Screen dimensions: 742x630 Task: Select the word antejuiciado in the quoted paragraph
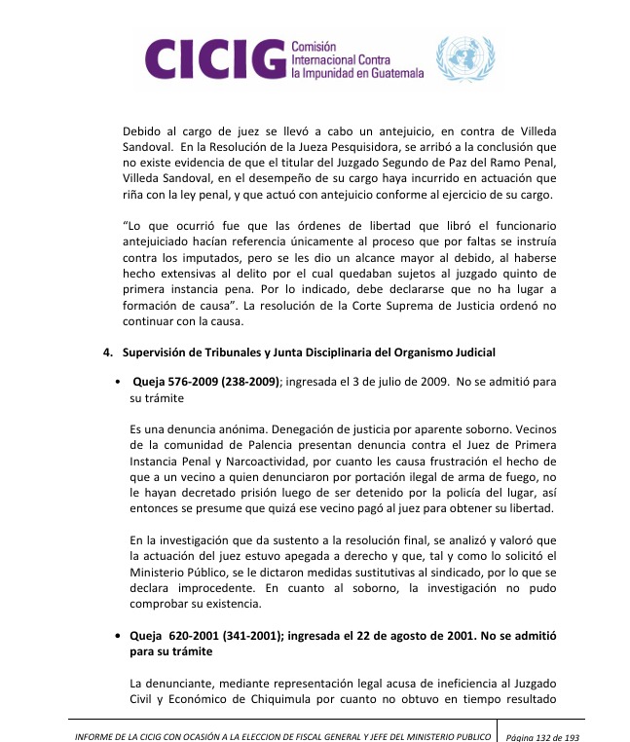click(162, 251)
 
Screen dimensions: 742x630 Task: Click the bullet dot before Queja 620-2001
click(118, 635)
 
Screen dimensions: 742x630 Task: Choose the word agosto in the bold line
click(422, 635)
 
